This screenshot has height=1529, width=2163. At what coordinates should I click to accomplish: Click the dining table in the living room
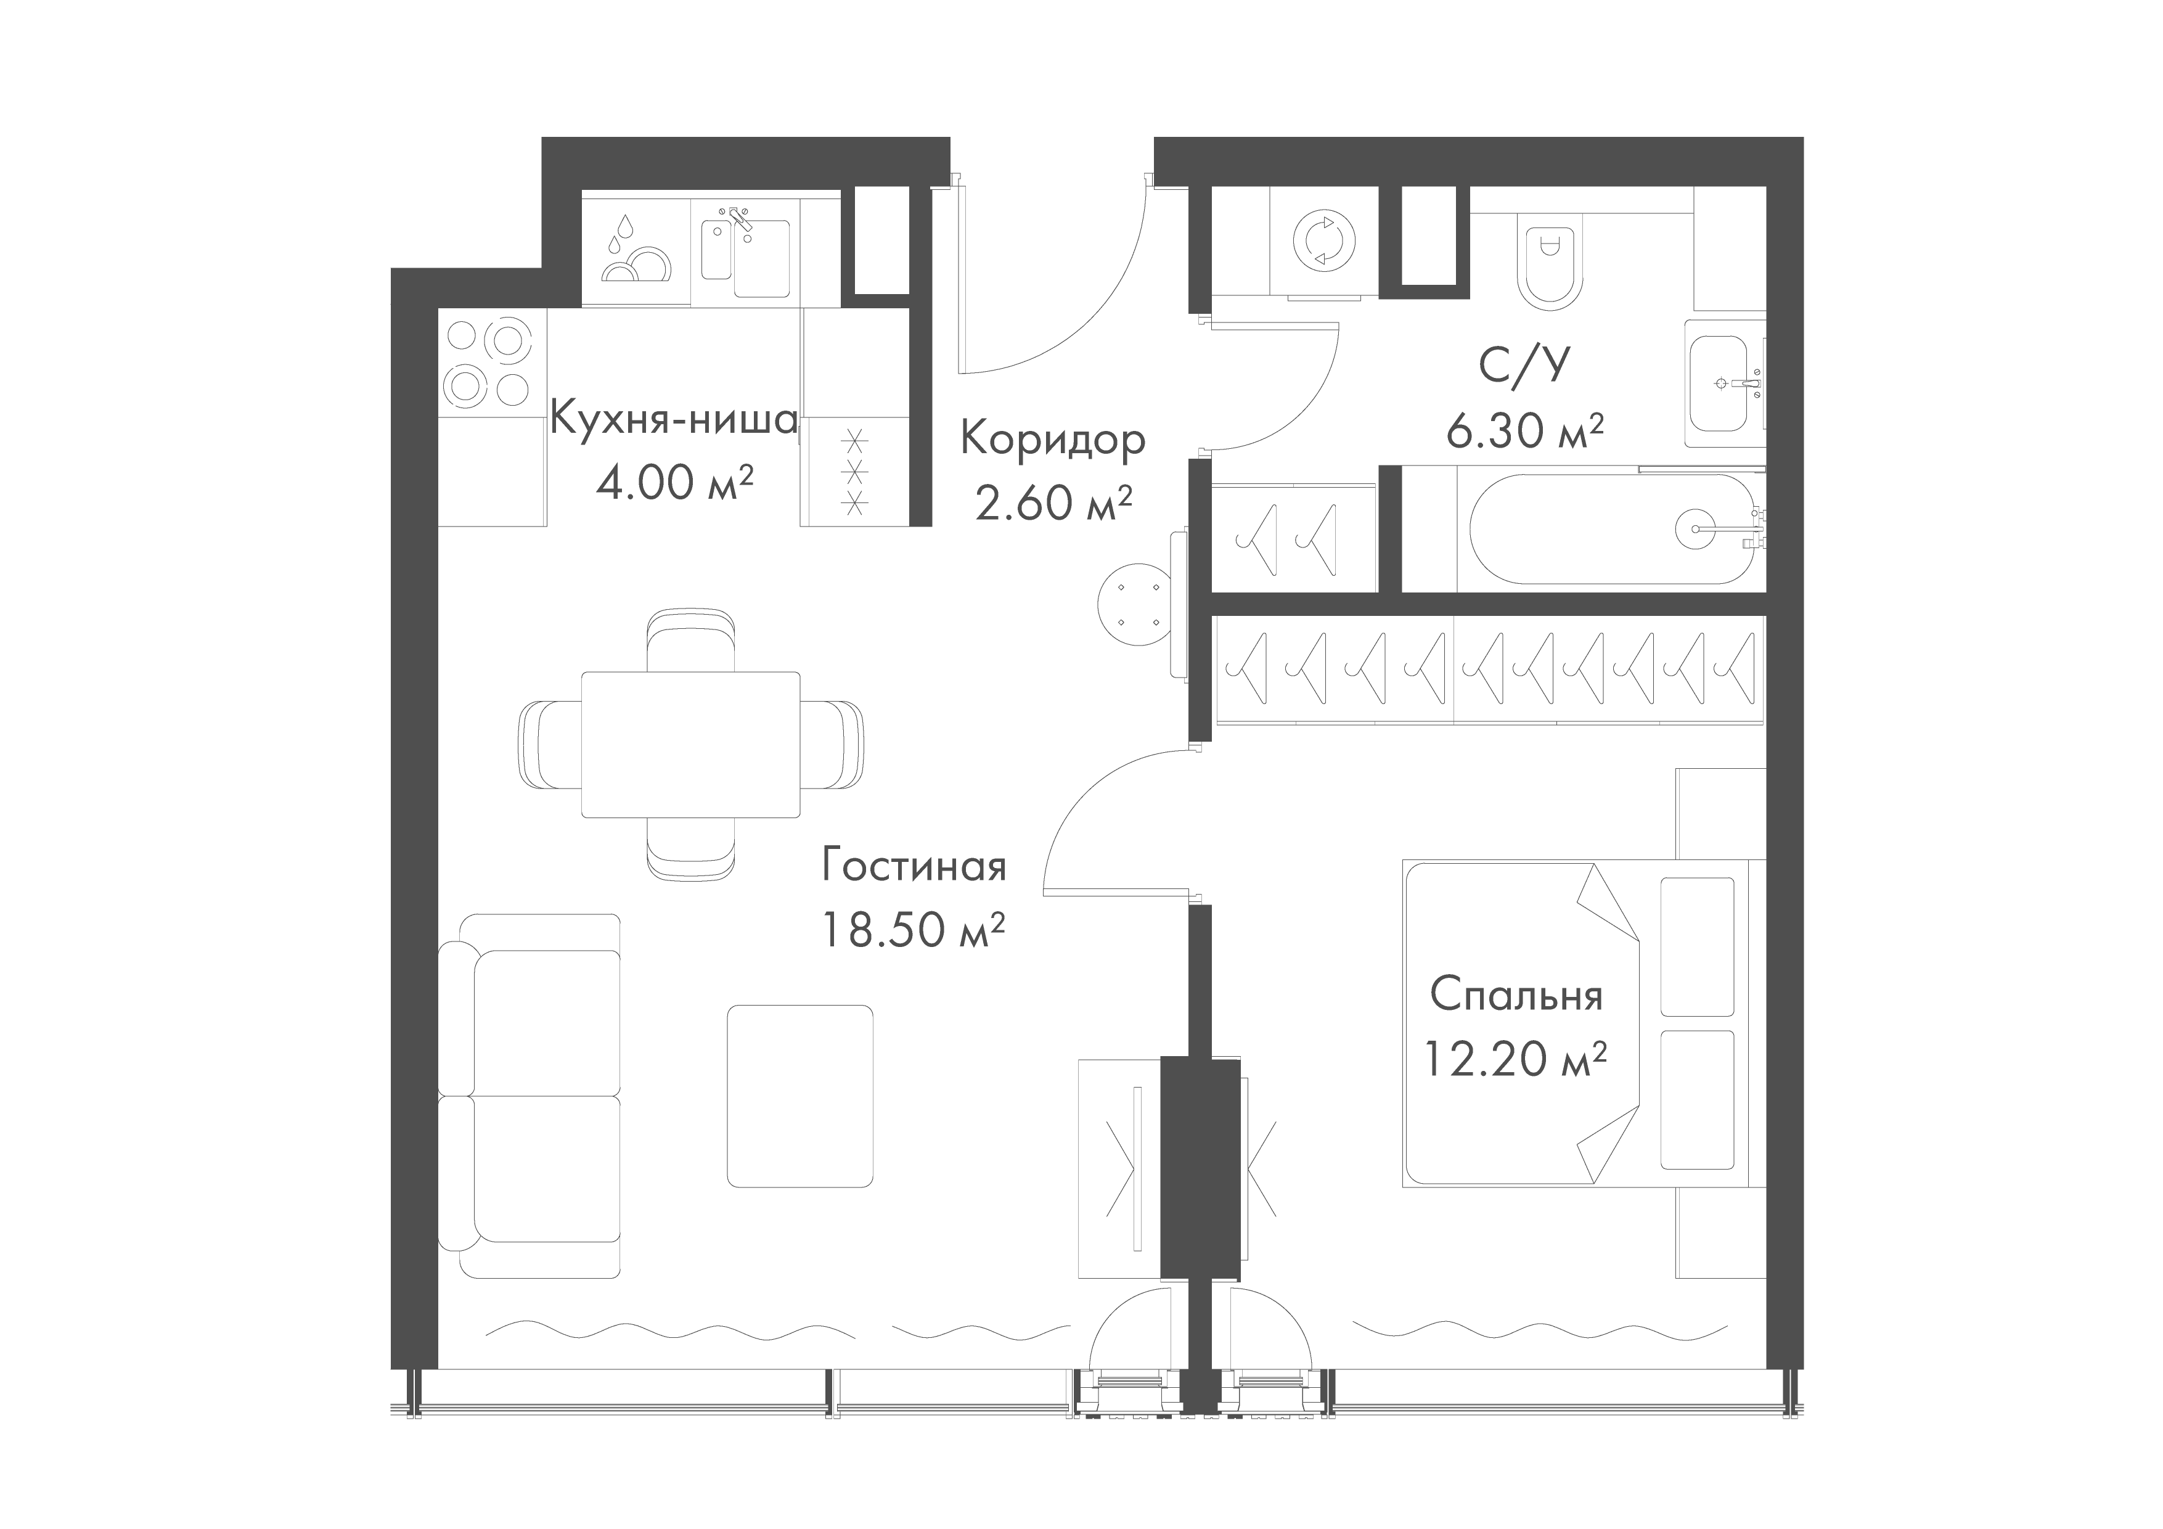point(690,744)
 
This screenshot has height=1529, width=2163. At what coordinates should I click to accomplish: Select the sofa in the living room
point(530,1095)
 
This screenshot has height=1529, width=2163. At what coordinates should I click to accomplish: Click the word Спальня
point(1516,996)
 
